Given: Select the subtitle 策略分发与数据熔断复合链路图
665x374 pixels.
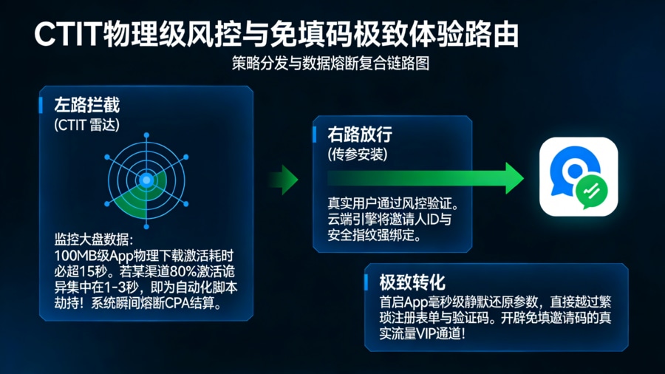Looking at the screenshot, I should tap(330, 64).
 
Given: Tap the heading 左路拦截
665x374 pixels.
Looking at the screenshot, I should tap(86, 105).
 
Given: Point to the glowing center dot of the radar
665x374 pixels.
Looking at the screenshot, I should tap(146, 180).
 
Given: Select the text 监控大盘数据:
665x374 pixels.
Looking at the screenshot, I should tap(94, 239).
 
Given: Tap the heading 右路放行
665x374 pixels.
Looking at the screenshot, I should tap(360, 135).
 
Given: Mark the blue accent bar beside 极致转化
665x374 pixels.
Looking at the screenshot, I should tap(367, 282).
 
